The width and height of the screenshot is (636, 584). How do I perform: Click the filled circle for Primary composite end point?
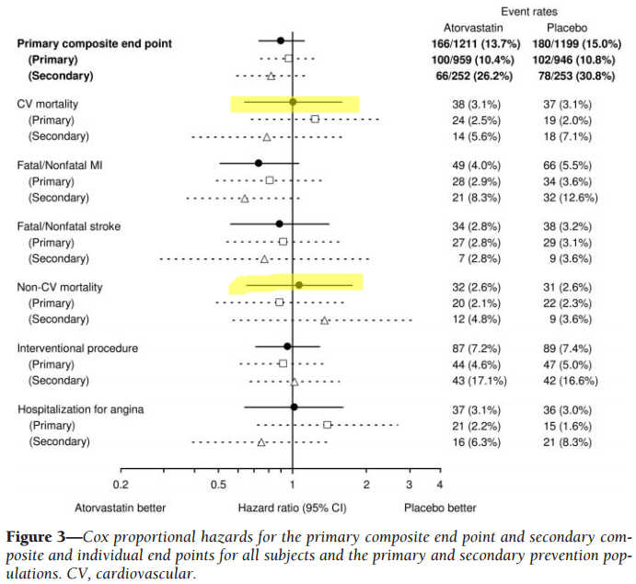click(x=281, y=40)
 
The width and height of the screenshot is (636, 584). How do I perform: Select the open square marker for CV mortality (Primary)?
click(x=315, y=120)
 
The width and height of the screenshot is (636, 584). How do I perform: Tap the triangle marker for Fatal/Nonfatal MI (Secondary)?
click(x=245, y=198)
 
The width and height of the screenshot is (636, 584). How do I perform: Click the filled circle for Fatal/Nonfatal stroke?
click(x=280, y=223)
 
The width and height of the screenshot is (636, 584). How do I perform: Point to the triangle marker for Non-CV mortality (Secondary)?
click(x=325, y=320)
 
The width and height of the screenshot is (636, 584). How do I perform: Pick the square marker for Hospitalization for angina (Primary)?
click(x=327, y=425)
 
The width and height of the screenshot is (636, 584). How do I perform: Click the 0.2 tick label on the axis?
click(x=120, y=484)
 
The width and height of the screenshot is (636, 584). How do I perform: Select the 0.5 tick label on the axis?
click(x=218, y=484)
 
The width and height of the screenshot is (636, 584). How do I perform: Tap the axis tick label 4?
click(x=440, y=484)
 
